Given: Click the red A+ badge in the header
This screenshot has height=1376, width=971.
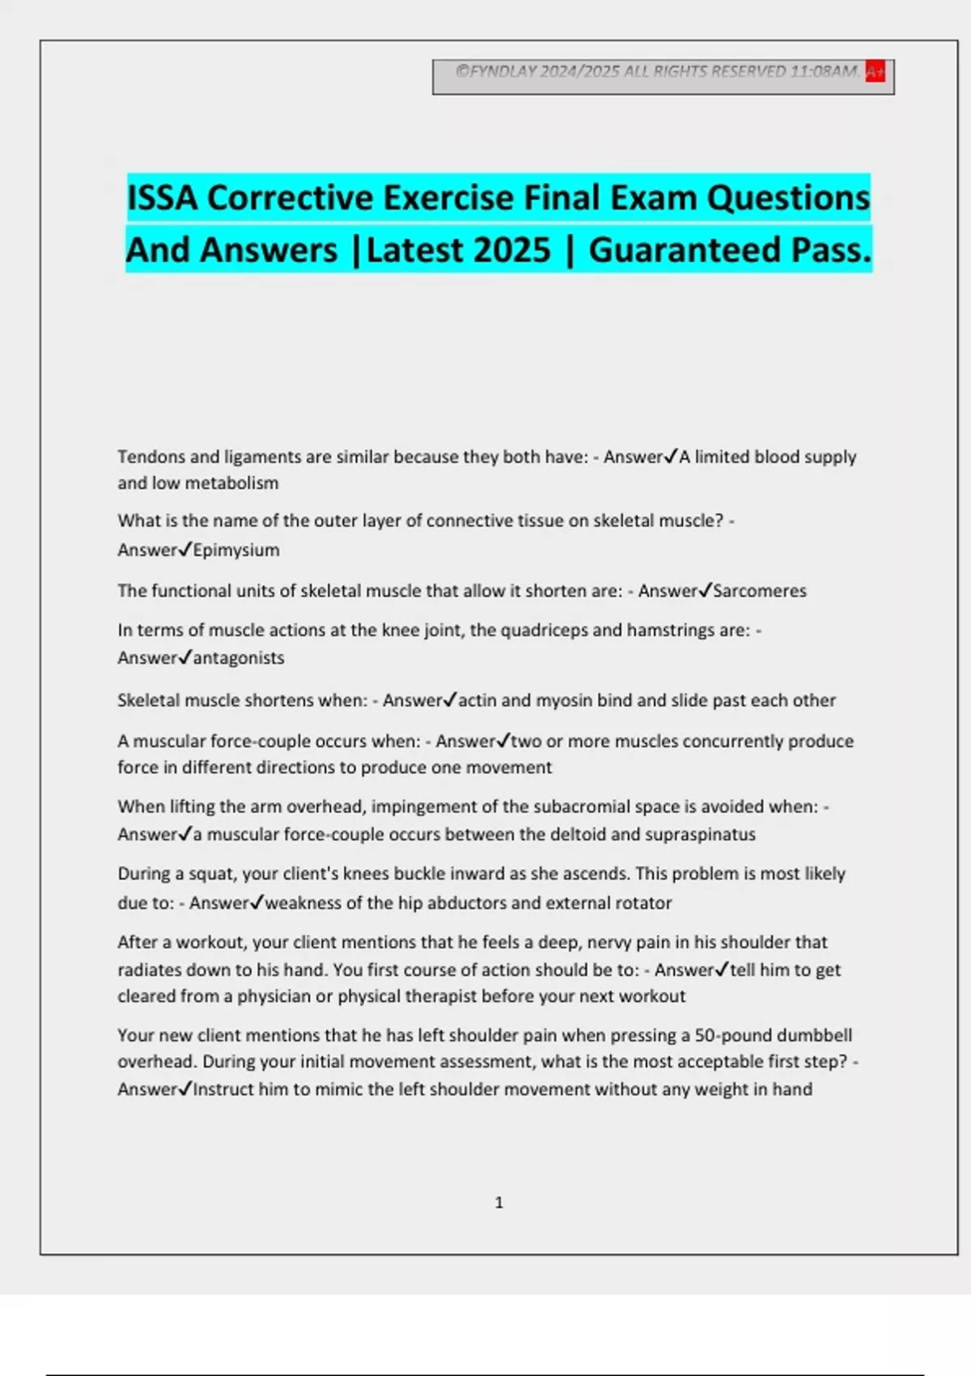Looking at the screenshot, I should [x=875, y=72].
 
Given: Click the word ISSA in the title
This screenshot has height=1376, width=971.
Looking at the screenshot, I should [x=162, y=198].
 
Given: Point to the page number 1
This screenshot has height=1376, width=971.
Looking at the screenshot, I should [x=498, y=1203].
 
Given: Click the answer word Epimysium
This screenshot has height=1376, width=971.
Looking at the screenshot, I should [x=236, y=550].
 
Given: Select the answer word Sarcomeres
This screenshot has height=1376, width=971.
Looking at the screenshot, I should [x=760, y=591].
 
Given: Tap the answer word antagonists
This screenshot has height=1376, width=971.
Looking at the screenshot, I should [x=239, y=658].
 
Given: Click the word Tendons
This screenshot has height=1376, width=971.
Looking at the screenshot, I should [x=151, y=457].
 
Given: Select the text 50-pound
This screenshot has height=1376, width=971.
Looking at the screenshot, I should [x=731, y=1035].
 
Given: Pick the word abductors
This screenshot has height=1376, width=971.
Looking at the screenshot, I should [x=466, y=903].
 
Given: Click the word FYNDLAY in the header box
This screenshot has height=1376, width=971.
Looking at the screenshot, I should [x=503, y=72].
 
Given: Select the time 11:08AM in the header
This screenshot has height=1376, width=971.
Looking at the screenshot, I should [x=824, y=72].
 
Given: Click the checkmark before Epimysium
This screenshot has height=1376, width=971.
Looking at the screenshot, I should [x=185, y=550].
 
